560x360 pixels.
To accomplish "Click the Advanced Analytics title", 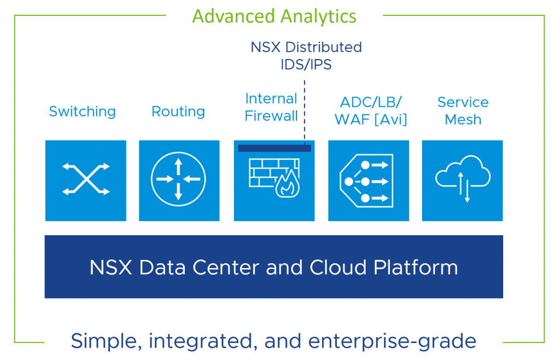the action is [x=275, y=17].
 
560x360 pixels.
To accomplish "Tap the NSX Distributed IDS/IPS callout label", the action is [x=306, y=56].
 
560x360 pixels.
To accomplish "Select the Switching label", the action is [x=83, y=112].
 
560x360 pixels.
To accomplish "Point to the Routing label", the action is [x=178, y=112].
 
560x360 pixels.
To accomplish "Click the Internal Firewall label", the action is [x=271, y=107].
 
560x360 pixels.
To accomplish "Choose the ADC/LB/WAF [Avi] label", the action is [x=371, y=111].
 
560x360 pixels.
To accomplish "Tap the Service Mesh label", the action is [x=463, y=111].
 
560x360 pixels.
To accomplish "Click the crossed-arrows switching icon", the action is [x=86, y=179].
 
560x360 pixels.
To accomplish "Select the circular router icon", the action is [x=178, y=179].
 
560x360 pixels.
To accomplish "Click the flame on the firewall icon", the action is [x=287, y=184].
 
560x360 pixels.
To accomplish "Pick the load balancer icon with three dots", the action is [x=366, y=181].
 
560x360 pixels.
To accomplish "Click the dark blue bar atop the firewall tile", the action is [x=275, y=148].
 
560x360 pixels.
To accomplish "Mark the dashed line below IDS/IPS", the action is [x=305, y=113].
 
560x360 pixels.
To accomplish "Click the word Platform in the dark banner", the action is [x=416, y=268].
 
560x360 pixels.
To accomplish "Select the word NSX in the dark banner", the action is [x=110, y=268].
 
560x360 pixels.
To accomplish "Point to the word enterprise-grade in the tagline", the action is [x=392, y=341].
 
